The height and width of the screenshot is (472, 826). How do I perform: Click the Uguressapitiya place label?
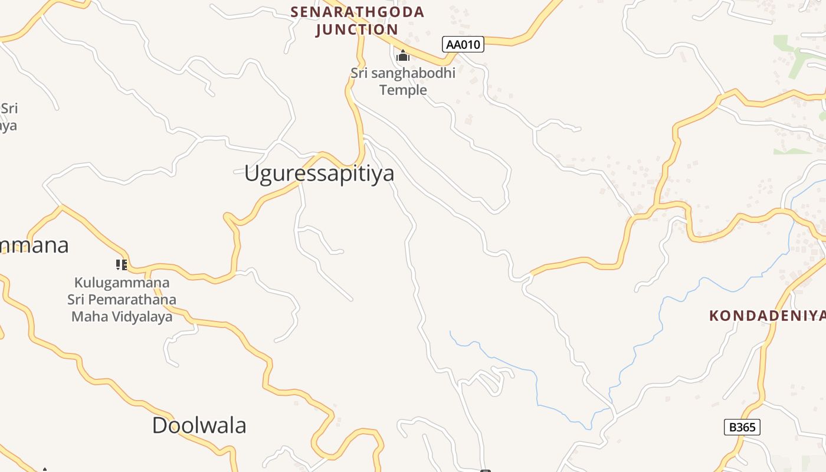[319, 173]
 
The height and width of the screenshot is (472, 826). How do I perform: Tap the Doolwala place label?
[199, 425]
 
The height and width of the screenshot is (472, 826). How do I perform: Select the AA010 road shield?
[463, 44]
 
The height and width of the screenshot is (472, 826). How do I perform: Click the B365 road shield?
[742, 427]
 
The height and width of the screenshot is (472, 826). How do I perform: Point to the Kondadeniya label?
[767, 316]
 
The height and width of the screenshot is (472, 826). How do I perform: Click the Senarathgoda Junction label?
[358, 21]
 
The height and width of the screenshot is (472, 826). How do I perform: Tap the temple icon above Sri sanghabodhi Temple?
[403, 56]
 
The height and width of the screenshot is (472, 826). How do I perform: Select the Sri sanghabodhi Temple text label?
[403, 81]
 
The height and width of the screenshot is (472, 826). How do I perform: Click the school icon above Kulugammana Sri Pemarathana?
[122, 265]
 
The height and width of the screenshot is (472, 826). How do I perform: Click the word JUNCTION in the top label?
[358, 29]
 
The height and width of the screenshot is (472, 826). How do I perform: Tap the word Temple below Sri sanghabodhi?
[403, 90]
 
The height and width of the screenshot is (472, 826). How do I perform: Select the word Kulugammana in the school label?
[122, 283]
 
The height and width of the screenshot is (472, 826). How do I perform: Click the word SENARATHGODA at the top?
[358, 12]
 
